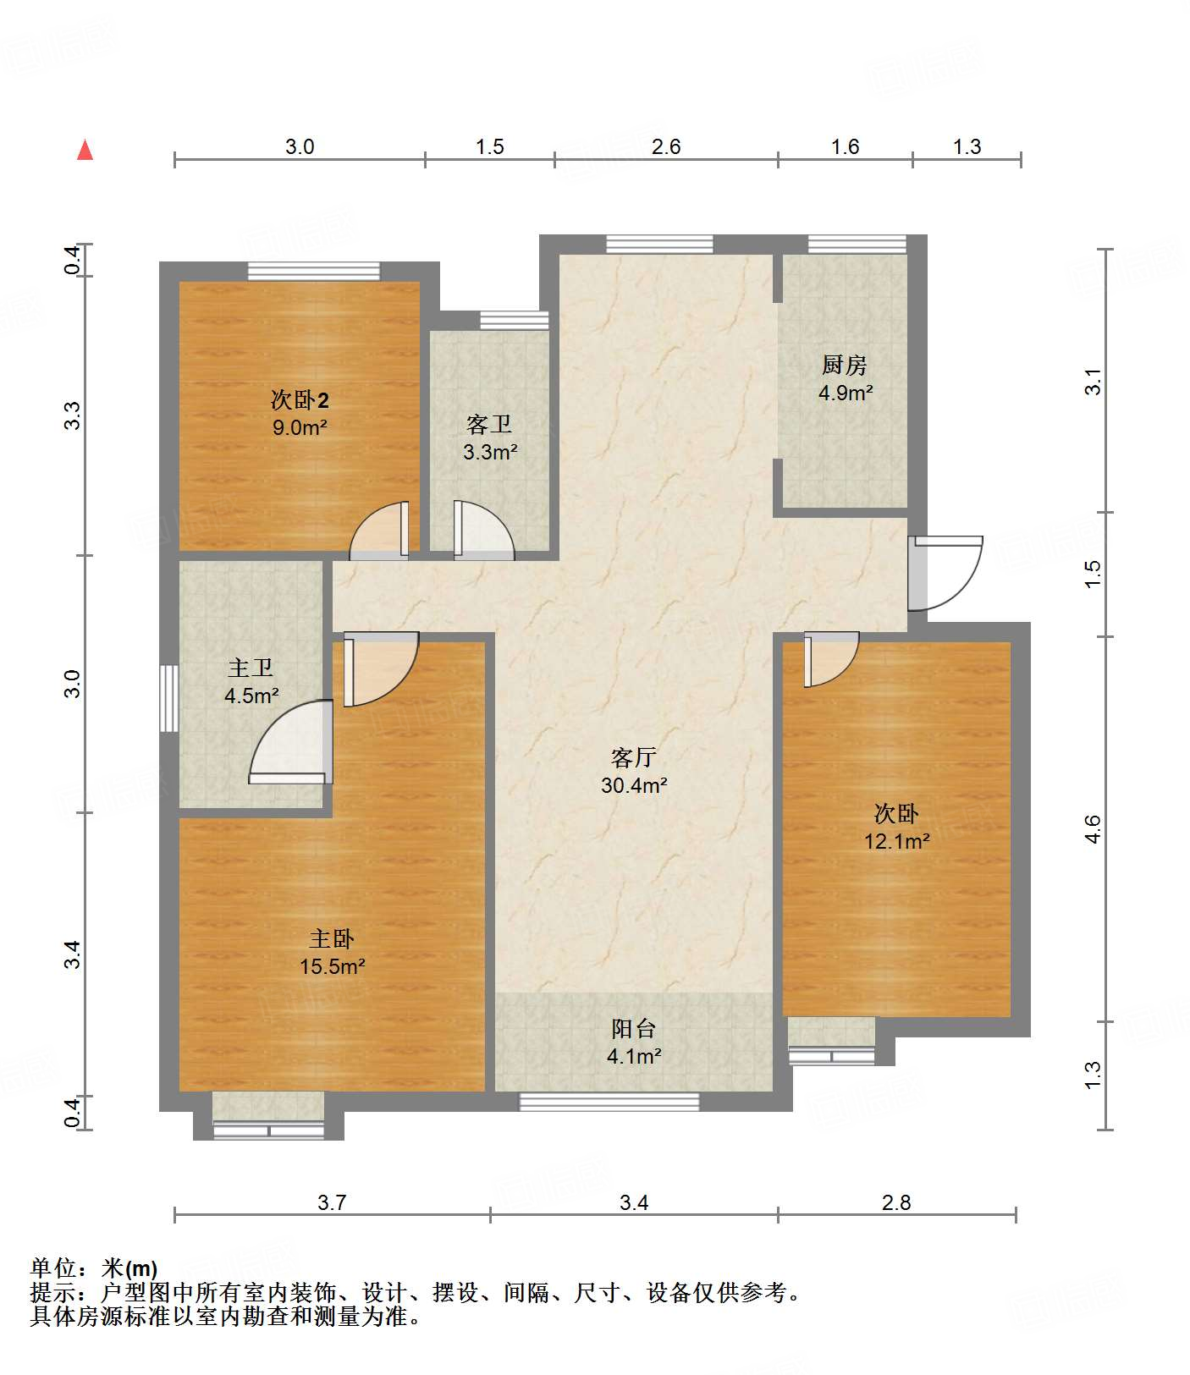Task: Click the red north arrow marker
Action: point(85,150)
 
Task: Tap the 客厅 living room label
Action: point(634,756)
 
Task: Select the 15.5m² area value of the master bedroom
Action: point(333,966)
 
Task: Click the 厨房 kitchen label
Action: point(845,365)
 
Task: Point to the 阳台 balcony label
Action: point(634,1028)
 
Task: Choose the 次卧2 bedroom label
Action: point(300,399)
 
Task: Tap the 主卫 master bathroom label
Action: point(251,668)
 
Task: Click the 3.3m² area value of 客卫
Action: point(490,453)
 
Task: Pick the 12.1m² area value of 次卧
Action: point(897,842)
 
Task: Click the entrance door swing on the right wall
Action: point(945,573)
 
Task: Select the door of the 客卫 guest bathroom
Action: point(483,531)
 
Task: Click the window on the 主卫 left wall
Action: point(169,698)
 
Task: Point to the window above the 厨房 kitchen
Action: point(857,244)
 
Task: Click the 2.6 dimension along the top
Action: point(666,147)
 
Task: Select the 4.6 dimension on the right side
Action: point(1093,829)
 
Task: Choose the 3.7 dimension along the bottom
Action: point(332,1202)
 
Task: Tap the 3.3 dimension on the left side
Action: point(73,415)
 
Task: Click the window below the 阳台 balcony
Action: point(609,1102)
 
